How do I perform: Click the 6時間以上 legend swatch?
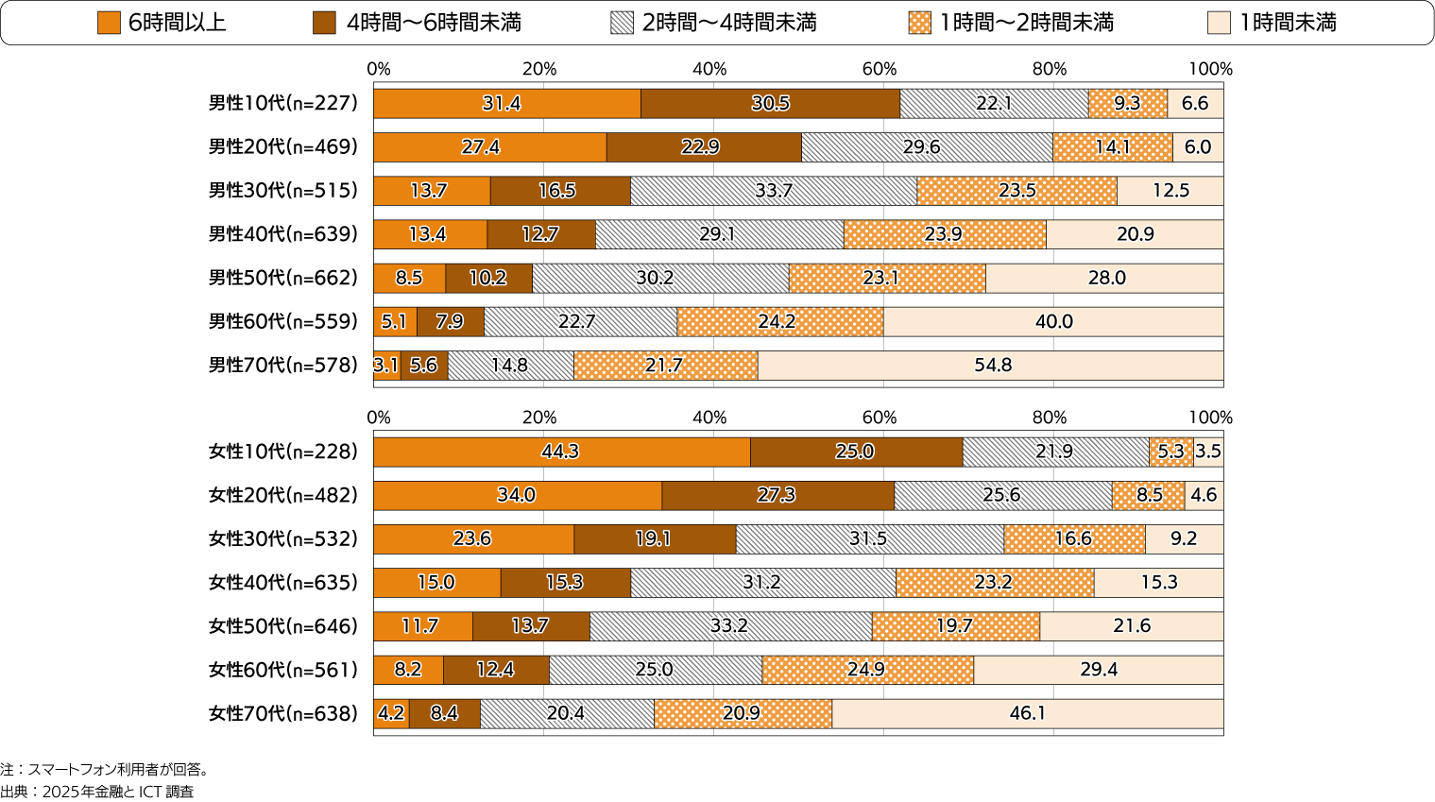[x=110, y=23]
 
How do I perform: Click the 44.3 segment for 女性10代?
[x=561, y=452]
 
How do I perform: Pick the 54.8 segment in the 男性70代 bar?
[x=992, y=366]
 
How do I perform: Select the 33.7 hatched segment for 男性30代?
[x=773, y=191]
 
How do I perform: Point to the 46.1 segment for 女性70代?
[x=1027, y=713]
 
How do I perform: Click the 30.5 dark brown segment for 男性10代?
[x=770, y=104]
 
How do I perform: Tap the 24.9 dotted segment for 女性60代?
[x=866, y=670]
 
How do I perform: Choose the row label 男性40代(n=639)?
[x=282, y=234]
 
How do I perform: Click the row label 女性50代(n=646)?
[x=282, y=626]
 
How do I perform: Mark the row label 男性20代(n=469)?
[x=282, y=147]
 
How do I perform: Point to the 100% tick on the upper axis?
[x=1210, y=69]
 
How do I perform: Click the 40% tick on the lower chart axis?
[x=709, y=418]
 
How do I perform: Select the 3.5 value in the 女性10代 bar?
[x=1208, y=452]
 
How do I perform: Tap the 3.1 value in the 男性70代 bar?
[x=385, y=366]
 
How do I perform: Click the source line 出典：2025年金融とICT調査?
[x=97, y=792]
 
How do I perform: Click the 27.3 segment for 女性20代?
[x=777, y=495]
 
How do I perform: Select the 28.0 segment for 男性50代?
[x=1106, y=278]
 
